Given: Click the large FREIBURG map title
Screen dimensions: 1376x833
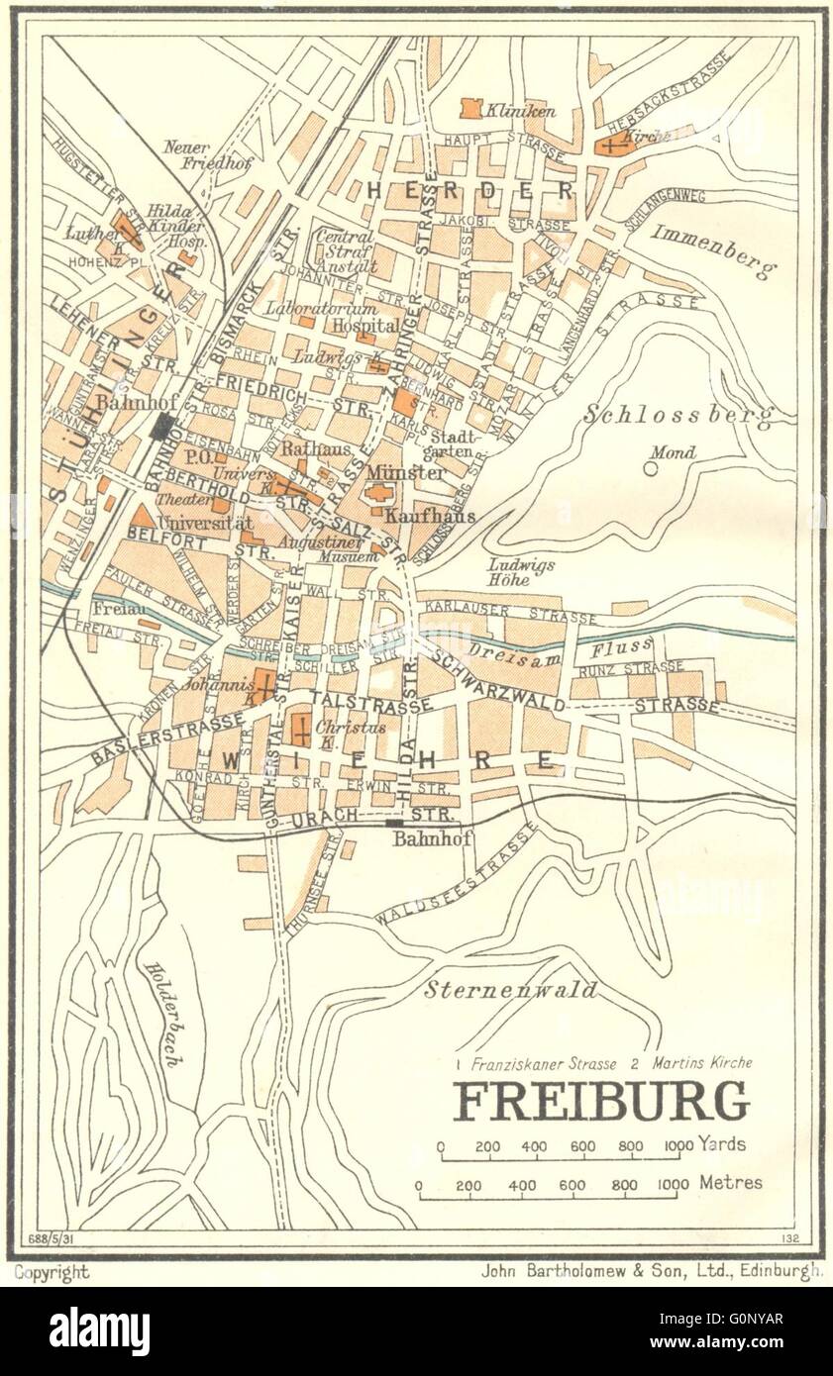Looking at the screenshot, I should pyautogui.click(x=600, y=1101).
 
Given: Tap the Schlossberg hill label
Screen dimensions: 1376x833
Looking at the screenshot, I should pyautogui.click(x=677, y=415).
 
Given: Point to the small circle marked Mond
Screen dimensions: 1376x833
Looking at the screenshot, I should pyautogui.click(x=651, y=468).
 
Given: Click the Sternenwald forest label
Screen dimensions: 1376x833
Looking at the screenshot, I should pyautogui.click(x=511, y=989).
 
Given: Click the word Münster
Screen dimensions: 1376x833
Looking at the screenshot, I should pyautogui.click(x=407, y=472).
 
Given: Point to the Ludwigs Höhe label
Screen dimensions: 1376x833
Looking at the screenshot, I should pyautogui.click(x=522, y=572).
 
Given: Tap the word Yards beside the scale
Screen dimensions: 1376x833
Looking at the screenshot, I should pyautogui.click(x=722, y=1143).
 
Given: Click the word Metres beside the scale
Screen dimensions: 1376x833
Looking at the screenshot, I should pyautogui.click(x=730, y=1182).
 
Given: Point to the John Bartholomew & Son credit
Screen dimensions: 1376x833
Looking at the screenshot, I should pyautogui.click(x=651, y=1272).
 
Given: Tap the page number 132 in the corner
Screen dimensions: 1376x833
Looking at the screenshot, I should pyautogui.click(x=788, y=1238).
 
